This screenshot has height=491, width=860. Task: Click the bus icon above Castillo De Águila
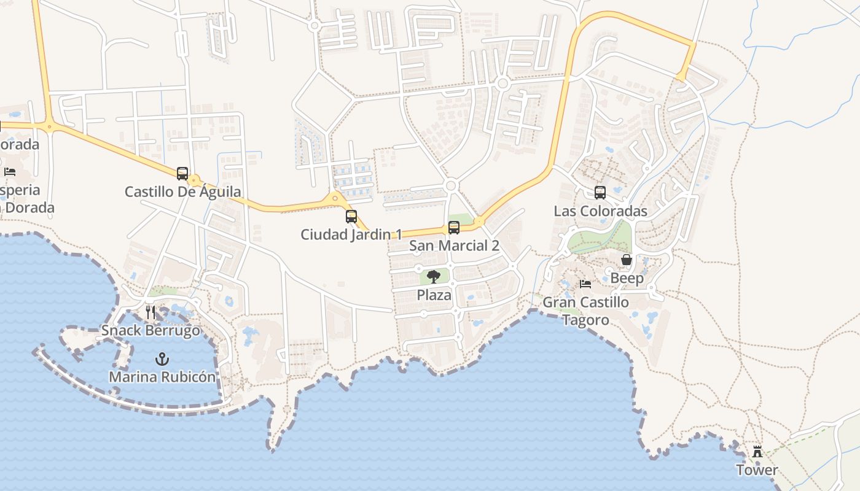(182, 174)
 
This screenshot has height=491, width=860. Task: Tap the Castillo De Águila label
(182, 191)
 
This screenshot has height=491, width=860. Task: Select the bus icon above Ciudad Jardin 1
(351, 217)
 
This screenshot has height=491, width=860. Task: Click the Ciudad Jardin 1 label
(351, 234)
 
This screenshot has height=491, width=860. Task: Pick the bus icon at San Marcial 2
(454, 228)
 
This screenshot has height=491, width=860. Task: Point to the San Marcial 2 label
(454, 246)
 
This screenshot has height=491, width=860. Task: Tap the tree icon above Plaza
(434, 277)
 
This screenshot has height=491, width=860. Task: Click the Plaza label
(434, 295)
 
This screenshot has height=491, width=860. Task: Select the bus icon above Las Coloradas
(600, 193)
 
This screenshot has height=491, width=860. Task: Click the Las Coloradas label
(600, 211)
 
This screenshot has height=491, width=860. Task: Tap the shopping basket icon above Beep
(627, 260)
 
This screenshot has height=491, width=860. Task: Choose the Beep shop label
(627, 279)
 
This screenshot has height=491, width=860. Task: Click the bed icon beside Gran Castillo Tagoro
(585, 284)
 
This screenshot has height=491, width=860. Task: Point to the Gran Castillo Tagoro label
(585, 311)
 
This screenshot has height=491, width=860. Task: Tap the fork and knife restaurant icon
(150, 312)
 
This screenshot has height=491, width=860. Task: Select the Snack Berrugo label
(150, 331)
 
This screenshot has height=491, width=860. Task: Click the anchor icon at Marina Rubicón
(162, 359)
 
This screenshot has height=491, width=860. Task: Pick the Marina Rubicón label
(162, 377)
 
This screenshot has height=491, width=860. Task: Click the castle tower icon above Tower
(757, 452)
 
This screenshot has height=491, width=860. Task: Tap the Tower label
(757, 470)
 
